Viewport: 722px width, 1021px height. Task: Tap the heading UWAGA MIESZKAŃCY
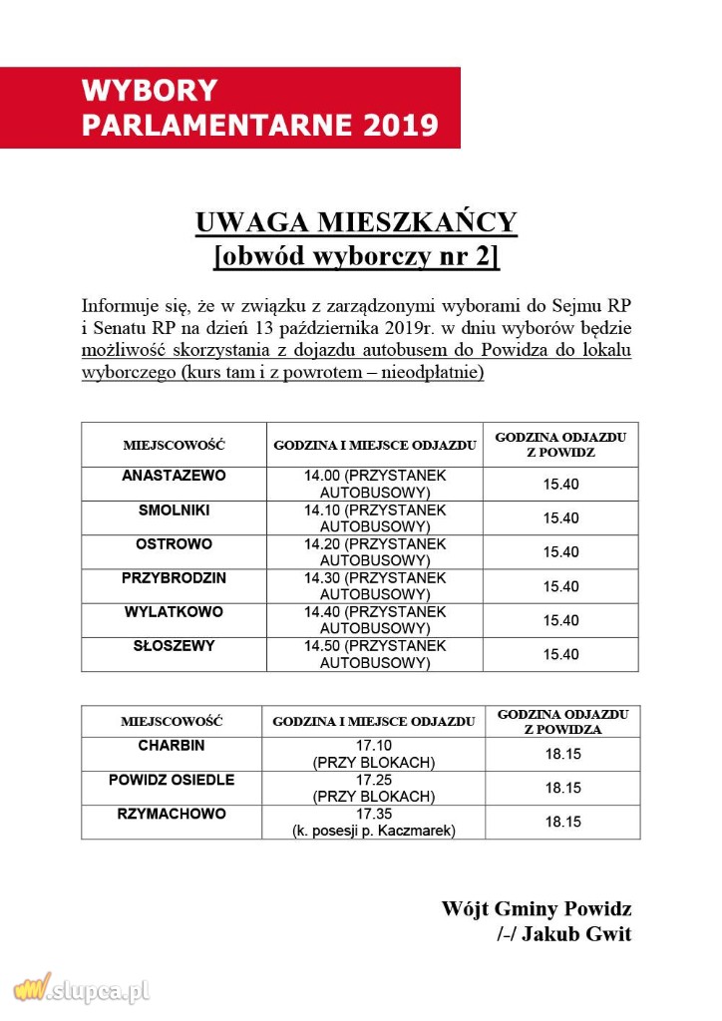pyautogui.click(x=356, y=221)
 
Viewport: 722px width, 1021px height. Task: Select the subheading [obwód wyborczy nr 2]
pyautogui.click(x=356, y=256)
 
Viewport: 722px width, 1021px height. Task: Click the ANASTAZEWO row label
pyautogui.click(x=174, y=476)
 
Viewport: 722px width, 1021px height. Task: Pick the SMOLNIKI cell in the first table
pyautogui.click(x=174, y=510)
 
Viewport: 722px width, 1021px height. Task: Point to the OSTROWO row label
pyautogui.click(x=174, y=544)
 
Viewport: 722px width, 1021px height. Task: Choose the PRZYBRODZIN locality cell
pyautogui.click(x=174, y=578)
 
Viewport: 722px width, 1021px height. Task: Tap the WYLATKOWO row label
pyautogui.click(x=174, y=612)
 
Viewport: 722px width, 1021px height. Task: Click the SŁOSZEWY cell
pyautogui.click(x=174, y=646)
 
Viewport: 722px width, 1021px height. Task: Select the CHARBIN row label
pyautogui.click(x=172, y=745)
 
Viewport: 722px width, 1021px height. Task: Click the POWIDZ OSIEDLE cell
pyautogui.click(x=172, y=780)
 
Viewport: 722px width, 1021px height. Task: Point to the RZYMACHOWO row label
pyautogui.click(x=172, y=814)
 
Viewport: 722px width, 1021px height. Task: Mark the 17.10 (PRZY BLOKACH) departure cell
pyautogui.click(x=374, y=754)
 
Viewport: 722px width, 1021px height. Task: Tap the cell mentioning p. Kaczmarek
pyautogui.click(x=374, y=823)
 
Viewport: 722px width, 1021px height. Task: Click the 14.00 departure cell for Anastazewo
pyautogui.click(x=375, y=484)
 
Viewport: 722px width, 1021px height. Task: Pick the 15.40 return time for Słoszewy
pyautogui.click(x=560, y=654)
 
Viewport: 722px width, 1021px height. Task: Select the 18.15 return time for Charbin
pyautogui.click(x=562, y=754)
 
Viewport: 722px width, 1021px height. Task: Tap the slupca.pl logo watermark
pyautogui.click(x=82, y=989)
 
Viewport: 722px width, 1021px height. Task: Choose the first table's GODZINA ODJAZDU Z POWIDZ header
pyautogui.click(x=560, y=445)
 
